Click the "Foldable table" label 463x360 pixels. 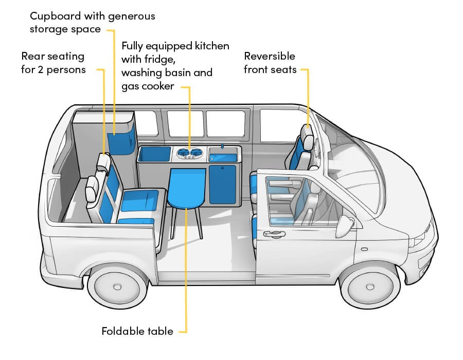point(137,331)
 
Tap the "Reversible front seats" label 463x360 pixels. point(270,63)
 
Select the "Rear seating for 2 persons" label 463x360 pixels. point(53,63)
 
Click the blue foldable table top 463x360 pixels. point(186,188)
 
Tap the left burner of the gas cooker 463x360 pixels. point(183,153)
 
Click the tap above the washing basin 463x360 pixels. point(222,147)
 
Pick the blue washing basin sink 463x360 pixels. point(223,158)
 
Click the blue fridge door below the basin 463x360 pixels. point(223,185)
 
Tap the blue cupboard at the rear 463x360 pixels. point(121,139)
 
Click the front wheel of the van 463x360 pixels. point(370,286)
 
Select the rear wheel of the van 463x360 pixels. point(117,287)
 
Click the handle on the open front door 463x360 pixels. point(274,235)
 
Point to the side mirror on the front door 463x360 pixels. point(345,226)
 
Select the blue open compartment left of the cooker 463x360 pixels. point(154,154)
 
